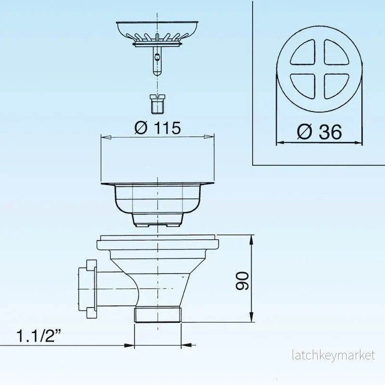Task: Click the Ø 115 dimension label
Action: click(x=157, y=128)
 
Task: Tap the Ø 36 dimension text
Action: click(x=319, y=131)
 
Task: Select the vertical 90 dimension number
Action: click(x=242, y=281)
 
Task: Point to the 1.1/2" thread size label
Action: click(x=38, y=335)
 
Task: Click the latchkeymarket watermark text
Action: click(x=334, y=355)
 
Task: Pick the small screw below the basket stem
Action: click(x=157, y=104)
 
